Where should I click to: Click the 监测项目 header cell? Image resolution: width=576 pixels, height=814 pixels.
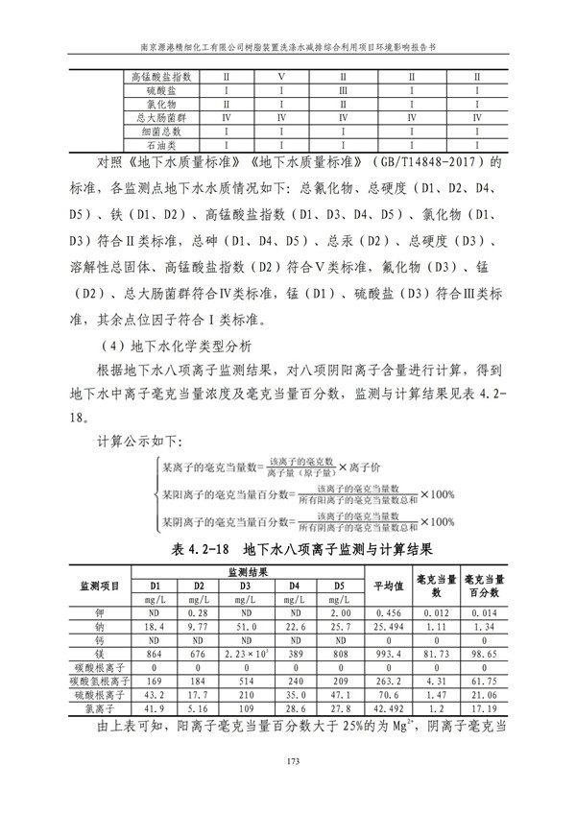pyautogui.click(x=99, y=586)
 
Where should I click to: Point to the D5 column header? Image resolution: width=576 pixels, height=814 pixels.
pyautogui.click(x=338, y=586)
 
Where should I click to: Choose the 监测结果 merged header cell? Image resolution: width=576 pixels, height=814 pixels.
pyautogui.click(x=246, y=571)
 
